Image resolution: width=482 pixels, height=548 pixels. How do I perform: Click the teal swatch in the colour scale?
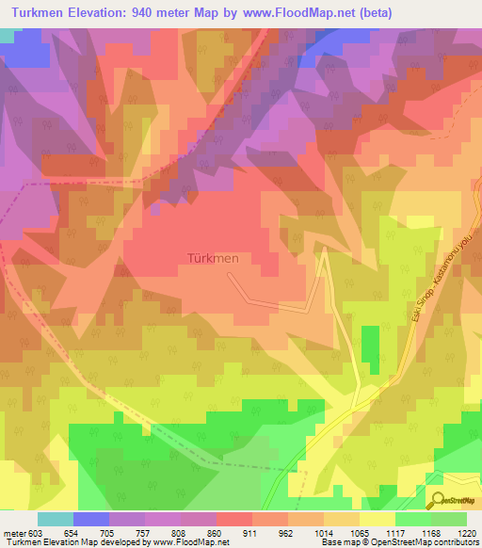point(56,520)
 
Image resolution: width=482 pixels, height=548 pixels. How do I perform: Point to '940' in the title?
point(154,12)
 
